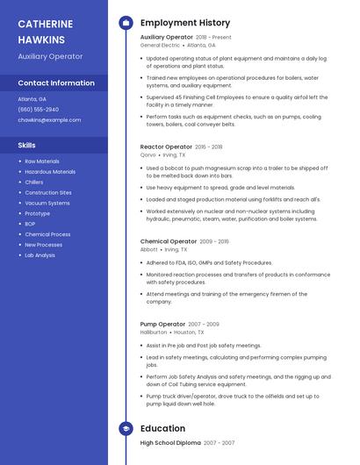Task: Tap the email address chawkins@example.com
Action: coord(49,119)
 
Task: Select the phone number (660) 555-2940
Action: coord(39,109)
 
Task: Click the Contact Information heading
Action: coord(56,82)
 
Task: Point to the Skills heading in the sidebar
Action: coord(27,145)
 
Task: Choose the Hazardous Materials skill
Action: coord(50,172)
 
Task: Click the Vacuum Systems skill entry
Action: coord(47,204)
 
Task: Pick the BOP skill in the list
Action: coord(31,224)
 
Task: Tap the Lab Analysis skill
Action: coord(40,255)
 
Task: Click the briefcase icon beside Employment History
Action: coord(125,22)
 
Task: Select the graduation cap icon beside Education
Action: coord(125,428)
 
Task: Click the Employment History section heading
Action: coord(185,22)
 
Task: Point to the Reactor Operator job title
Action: coord(166,147)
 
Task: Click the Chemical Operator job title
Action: coord(169,241)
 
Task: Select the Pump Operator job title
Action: coord(163,325)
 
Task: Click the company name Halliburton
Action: coord(154,333)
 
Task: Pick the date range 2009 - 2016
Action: coord(214,241)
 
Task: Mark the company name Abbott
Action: coord(149,249)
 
